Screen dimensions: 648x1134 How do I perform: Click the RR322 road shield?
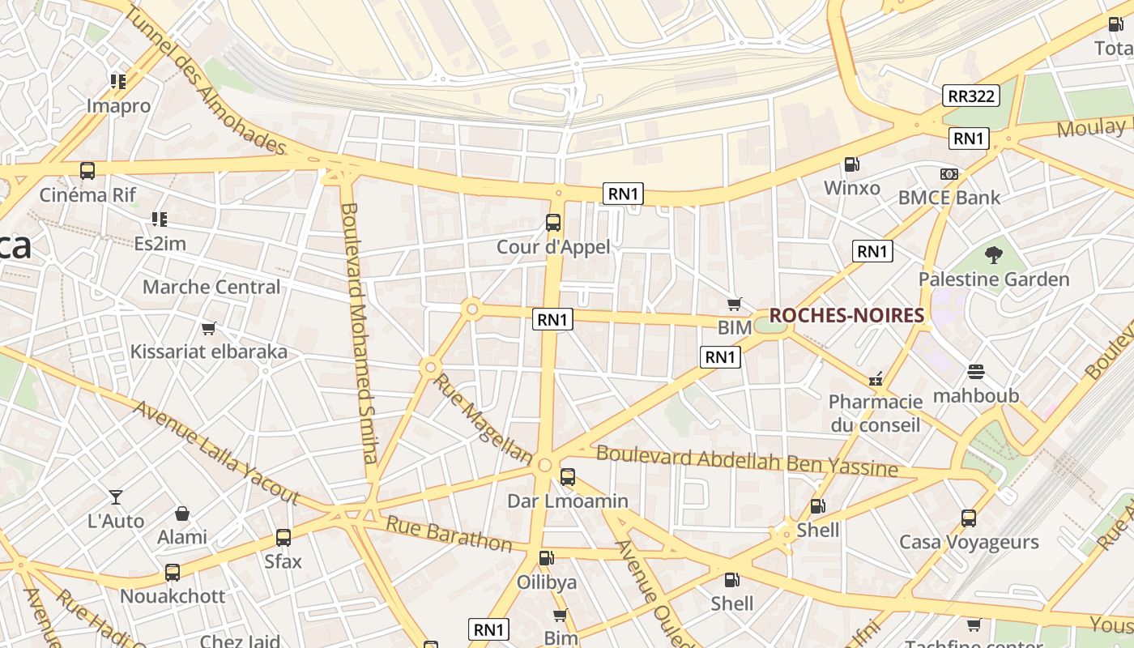click(971, 96)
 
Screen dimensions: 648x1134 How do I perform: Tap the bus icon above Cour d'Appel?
click(553, 223)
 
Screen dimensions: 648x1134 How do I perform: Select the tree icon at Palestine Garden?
click(993, 256)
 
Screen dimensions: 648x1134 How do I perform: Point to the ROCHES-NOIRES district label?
click(846, 316)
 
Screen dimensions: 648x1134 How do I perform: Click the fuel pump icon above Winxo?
click(851, 164)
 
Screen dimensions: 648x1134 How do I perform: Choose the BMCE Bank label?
click(949, 198)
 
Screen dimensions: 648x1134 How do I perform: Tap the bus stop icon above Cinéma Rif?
click(87, 171)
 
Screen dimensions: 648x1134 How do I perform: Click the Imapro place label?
click(119, 106)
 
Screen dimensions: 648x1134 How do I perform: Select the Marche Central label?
click(211, 287)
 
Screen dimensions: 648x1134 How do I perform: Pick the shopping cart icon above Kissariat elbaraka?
click(209, 328)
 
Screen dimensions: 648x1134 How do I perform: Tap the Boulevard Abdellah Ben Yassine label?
click(747, 461)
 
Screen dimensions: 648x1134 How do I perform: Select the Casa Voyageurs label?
click(969, 542)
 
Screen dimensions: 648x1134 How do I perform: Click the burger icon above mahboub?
click(976, 372)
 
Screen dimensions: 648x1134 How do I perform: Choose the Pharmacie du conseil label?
click(876, 413)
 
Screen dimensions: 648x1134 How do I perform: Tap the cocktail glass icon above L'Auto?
click(116, 497)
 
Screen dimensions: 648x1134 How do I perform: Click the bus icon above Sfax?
click(283, 537)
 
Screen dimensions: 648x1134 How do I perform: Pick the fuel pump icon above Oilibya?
click(547, 558)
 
